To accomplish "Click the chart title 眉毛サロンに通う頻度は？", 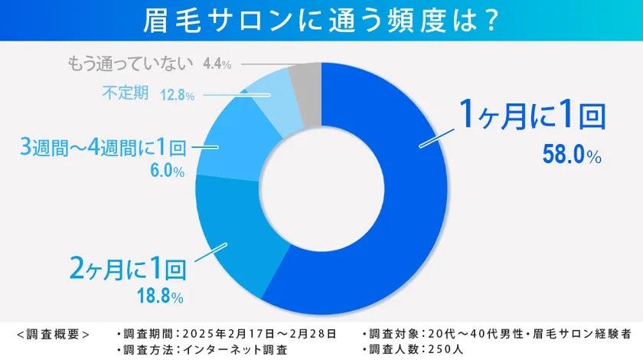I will point(321,21).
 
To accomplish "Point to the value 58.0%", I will point(571,154).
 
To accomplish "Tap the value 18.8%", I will point(159,296).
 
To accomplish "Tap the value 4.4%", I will point(217,64).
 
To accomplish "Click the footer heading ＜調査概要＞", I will point(53,334).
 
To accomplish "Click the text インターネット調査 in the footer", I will point(233,349).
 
